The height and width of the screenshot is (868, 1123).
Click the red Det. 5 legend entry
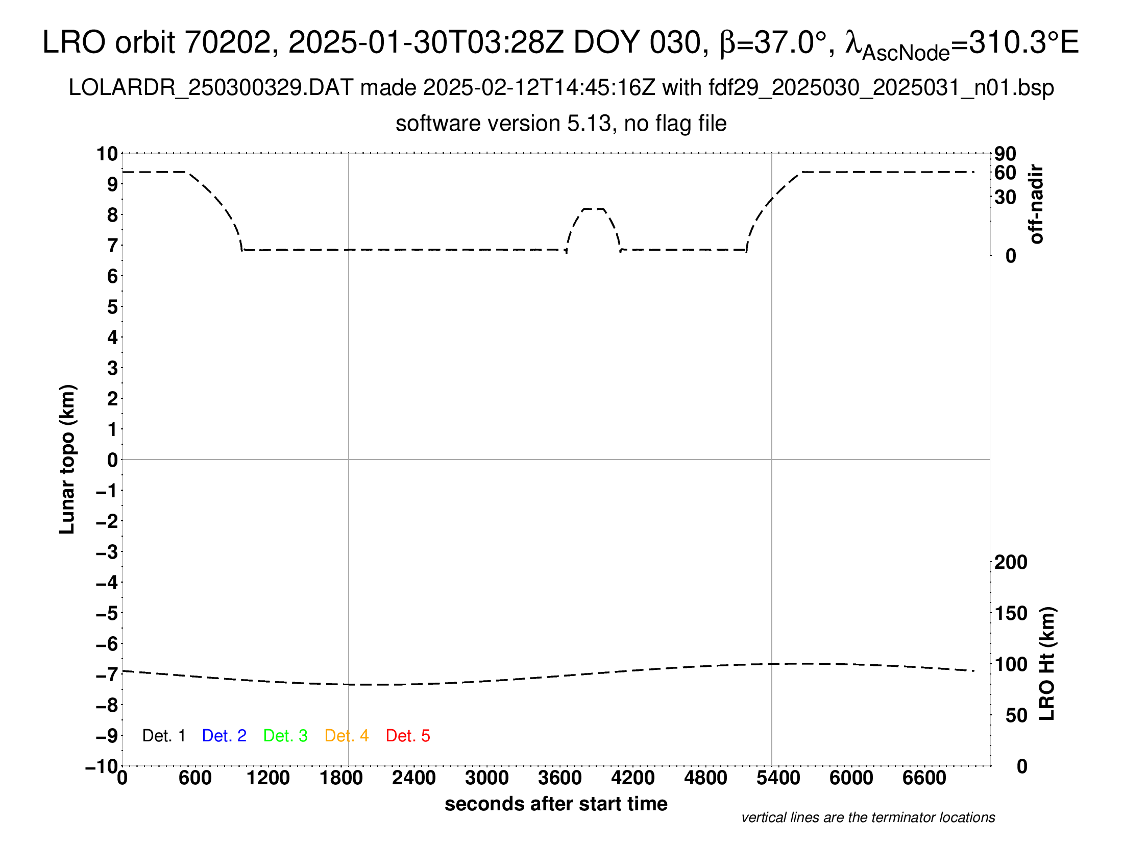coord(408,736)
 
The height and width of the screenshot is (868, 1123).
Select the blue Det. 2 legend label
coord(224,736)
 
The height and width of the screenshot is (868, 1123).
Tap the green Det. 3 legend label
coord(285,736)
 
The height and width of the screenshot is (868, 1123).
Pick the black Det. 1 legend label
coord(163,736)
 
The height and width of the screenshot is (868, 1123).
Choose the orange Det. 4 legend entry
coord(347,736)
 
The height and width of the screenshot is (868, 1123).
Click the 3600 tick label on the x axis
coord(560,778)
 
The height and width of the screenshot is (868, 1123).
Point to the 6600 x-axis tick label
coord(924,778)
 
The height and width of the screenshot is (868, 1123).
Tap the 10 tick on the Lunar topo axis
coord(108,153)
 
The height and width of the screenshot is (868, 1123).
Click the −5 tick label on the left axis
coord(107,613)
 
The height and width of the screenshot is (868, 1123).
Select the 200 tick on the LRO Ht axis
coord(1011,562)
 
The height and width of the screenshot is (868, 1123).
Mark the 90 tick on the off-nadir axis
coord(1005,153)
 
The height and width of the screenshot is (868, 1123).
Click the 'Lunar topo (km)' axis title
coord(67,459)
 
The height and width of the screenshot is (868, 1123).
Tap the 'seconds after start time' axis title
coord(556,804)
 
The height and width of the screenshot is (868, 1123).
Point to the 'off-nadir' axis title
coord(1036,204)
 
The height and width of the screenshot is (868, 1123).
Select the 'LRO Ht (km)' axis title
coord(1047,664)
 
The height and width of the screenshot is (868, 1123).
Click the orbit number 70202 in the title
coord(228,42)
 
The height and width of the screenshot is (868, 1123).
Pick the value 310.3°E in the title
coord(1023,42)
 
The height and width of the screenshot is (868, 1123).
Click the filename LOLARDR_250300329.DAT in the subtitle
coord(211,88)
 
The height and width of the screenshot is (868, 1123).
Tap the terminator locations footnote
coord(868,817)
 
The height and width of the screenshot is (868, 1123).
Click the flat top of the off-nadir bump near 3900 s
coord(594,209)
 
